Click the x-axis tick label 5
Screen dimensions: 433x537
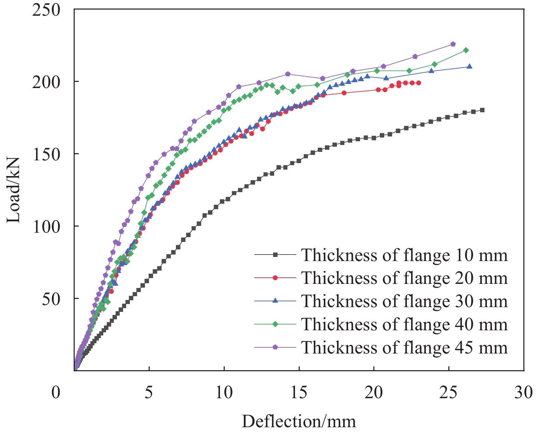click(149, 393)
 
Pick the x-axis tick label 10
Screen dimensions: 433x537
click(224, 393)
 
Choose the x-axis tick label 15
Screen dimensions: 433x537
click(299, 393)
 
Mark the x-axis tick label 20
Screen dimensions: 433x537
click(374, 393)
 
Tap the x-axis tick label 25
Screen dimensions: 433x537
click(449, 393)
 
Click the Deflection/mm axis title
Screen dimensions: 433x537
click(299, 421)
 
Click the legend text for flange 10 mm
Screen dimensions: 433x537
click(404, 255)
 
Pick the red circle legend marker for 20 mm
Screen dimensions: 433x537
click(275, 278)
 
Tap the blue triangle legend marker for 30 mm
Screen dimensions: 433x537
click(275, 301)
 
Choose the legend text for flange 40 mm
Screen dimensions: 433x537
click(404, 324)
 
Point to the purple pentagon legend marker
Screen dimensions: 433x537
click(275, 347)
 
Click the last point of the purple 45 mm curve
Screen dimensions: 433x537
click(453, 44)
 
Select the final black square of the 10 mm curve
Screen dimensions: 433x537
click(482, 110)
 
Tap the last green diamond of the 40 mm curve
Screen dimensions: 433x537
click(466, 50)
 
